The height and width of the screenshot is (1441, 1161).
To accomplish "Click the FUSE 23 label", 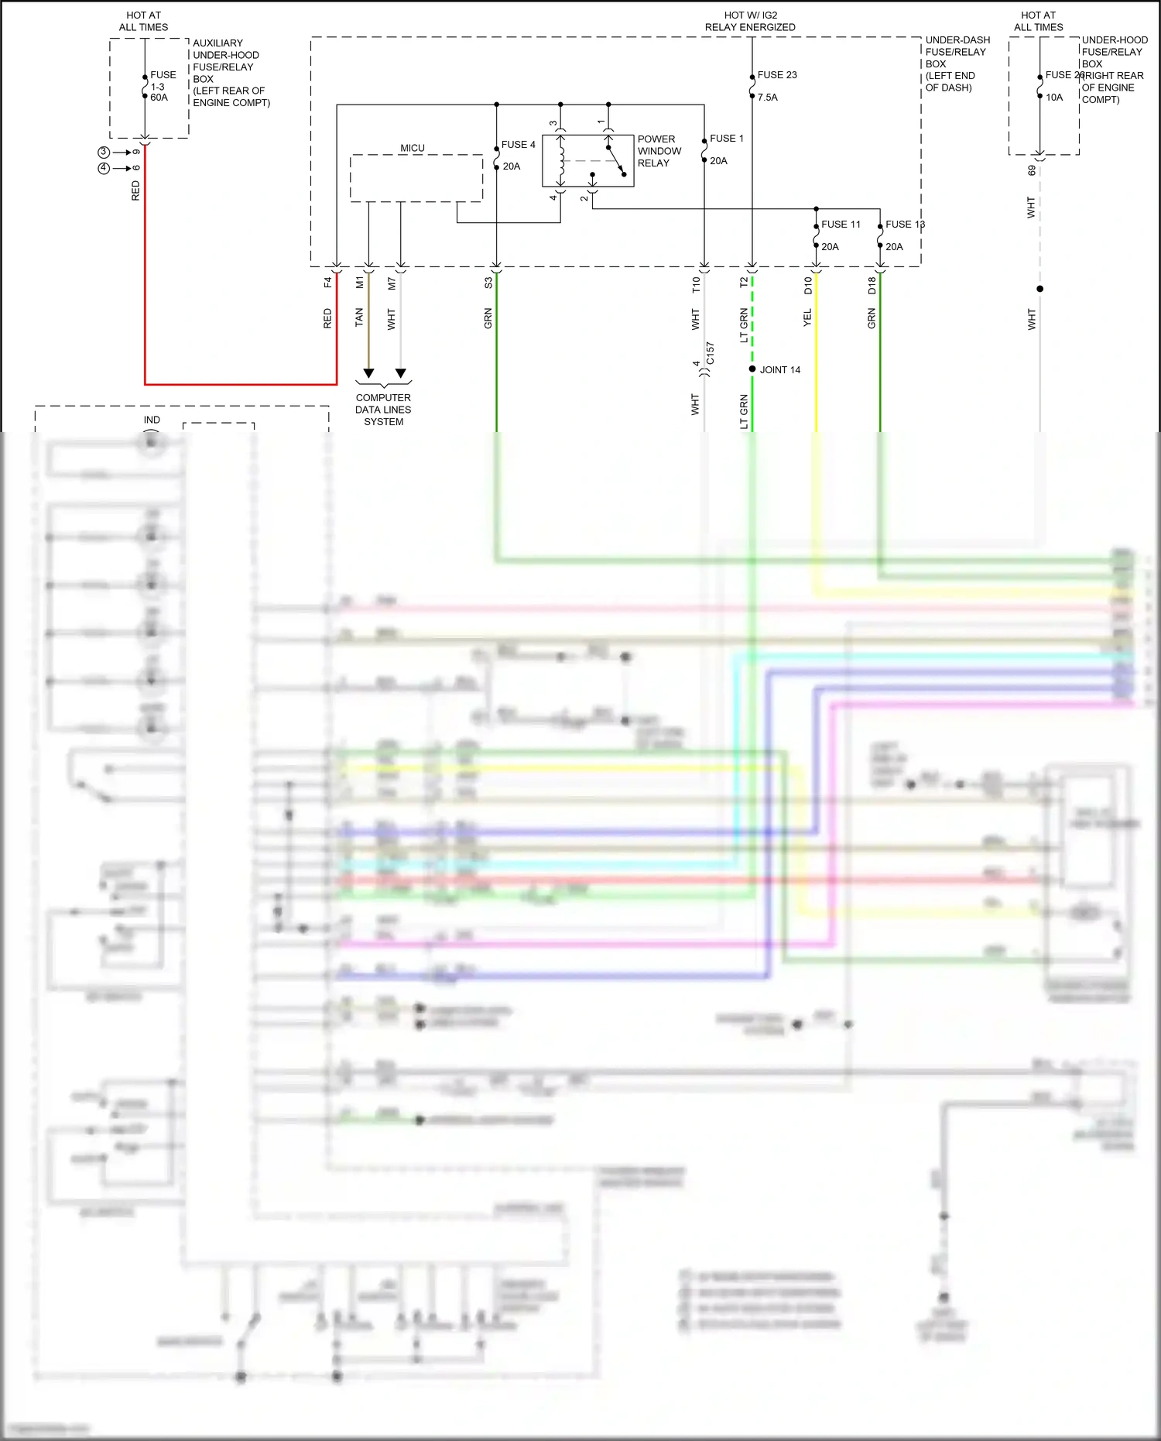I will click(x=776, y=75).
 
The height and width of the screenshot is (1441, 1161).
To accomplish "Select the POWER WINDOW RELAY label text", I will click(x=659, y=151).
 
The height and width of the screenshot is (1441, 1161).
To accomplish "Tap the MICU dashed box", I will click(x=416, y=178).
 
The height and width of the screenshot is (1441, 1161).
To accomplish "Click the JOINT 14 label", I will click(x=779, y=370).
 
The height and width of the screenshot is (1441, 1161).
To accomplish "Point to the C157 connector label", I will click(x=711, y=354).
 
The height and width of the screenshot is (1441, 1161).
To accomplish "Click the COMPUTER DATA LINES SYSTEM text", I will click(x=383, y=410).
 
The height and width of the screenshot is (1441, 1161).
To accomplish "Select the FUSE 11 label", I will click(x=841, y=225).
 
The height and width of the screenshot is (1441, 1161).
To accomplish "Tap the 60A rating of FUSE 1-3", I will click(x=159, y=98).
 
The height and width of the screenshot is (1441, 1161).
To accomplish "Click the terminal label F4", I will click(x=327, y=283).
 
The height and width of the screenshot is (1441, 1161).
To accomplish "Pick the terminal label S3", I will click(x=488, y=283).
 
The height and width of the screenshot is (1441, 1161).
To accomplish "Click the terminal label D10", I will click(x=808, y=285).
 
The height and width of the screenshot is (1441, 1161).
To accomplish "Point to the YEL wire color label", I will click(x=807, y=317).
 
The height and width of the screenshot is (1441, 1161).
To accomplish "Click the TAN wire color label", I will click(x=359, y=317).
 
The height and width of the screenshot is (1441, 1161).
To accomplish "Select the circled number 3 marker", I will click(x=104, y=152).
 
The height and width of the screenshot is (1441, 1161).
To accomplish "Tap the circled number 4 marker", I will click(x=104, y=168).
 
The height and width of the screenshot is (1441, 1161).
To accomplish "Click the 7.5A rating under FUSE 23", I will click(x=767, y=98).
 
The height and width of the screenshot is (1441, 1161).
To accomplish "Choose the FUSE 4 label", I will click(x=518, y=145).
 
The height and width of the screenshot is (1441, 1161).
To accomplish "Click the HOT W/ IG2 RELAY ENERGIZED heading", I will click(x=750, y=21).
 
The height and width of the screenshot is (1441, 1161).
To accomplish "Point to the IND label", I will click(x=152, y=420).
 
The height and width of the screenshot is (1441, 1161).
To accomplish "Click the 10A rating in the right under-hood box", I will click(x=1054, y=98).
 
